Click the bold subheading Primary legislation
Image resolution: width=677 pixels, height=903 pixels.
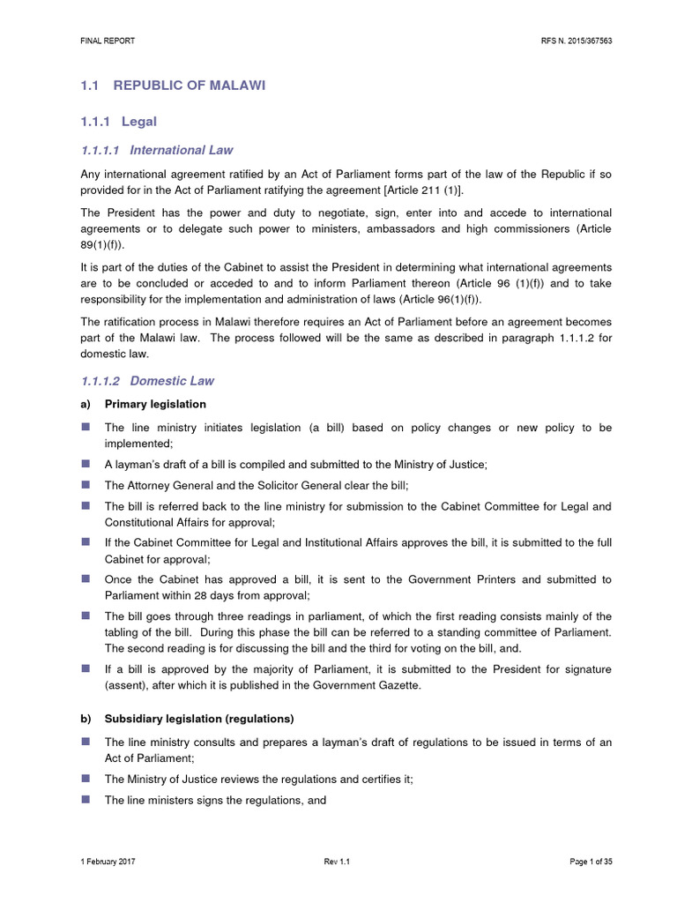(x=155, y=404)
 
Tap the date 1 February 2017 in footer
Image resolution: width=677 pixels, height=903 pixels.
(x=108, y=861)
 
